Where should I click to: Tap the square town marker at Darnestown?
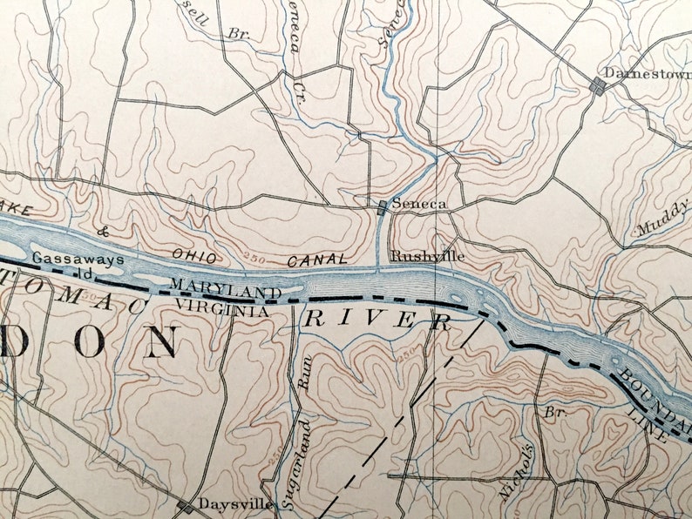click(x=597, y=84)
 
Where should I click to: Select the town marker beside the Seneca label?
click(x=381, y=206)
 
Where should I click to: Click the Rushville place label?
click(x=427, y=257)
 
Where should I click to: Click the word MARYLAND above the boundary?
click(x=226, y=288)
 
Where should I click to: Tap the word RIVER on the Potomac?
click(x=377, y=320)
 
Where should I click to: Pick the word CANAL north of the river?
click(x=318, y=259)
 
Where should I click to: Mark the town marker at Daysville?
click(x=185, y=505)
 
